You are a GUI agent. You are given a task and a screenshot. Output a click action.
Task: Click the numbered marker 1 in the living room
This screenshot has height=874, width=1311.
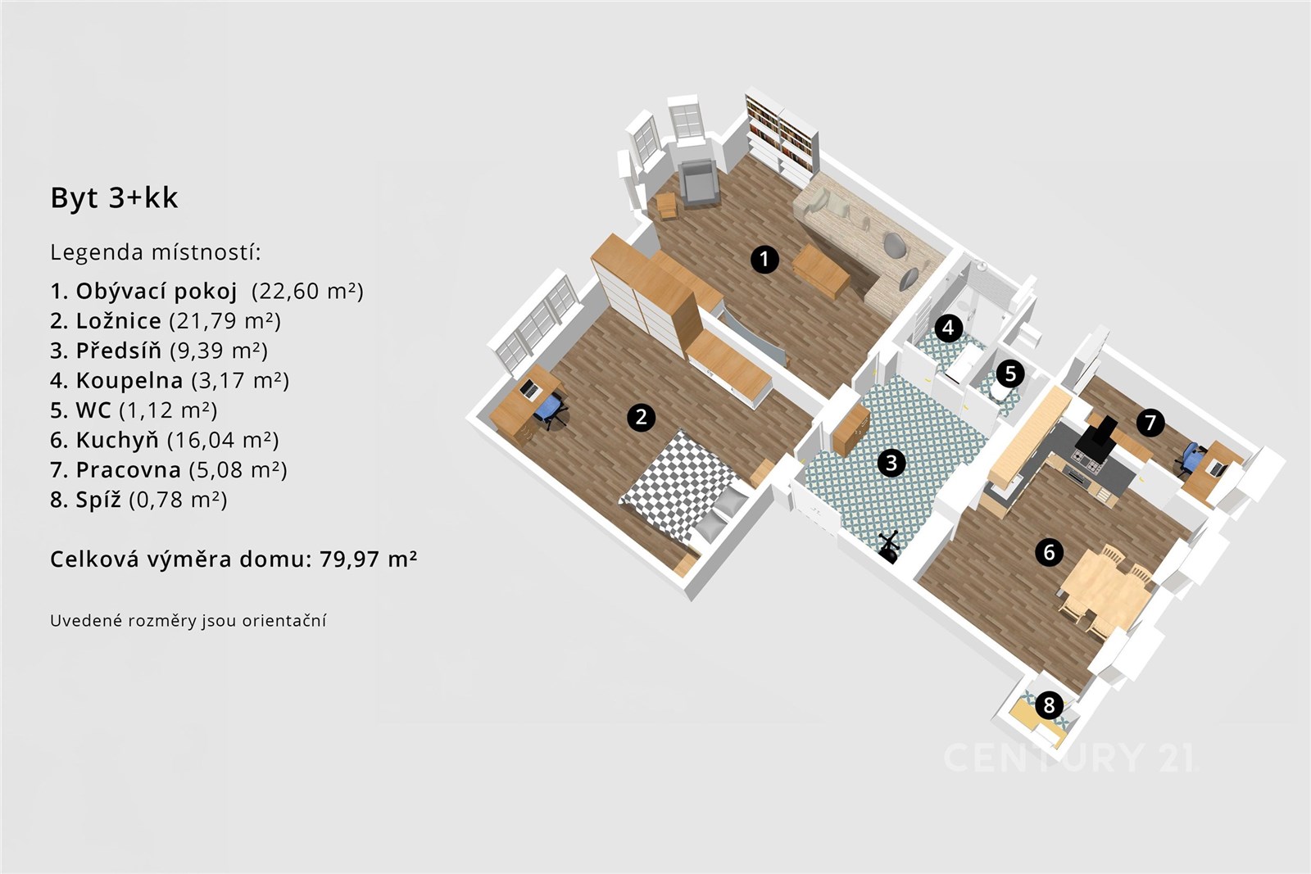tap(764, 259)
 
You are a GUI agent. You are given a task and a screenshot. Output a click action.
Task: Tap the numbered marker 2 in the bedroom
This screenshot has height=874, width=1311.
tap(641, 417)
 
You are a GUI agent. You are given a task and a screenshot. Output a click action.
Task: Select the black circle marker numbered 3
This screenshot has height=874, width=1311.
tap(891, 463)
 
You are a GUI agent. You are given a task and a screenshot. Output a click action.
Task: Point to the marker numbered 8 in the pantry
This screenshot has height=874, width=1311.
tap(1049, 705)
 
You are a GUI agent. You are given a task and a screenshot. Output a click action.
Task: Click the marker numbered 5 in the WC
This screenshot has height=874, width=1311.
tap(1010, 374)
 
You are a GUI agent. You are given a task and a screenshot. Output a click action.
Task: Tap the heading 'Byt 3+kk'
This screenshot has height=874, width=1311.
tap(114, 197)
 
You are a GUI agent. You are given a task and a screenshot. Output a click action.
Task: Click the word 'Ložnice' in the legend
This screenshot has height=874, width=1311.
tap(119, 320)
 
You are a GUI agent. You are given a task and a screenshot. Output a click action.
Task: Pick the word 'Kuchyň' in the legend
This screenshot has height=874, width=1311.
tap(117, 440)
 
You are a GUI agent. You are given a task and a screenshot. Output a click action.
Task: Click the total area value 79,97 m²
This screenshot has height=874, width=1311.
tap(368, 559)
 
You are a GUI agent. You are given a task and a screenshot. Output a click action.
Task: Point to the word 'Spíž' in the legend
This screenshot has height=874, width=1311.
tap(98, 500)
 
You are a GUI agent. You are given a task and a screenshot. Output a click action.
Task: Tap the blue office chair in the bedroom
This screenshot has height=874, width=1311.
tap(550, 410)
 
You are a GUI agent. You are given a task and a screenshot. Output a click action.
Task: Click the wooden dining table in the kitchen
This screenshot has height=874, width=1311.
tap(1105, 586)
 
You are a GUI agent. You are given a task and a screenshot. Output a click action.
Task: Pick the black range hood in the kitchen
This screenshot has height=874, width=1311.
tap(1096, 439)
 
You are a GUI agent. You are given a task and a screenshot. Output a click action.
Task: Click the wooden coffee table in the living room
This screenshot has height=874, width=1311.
tap(820, 271)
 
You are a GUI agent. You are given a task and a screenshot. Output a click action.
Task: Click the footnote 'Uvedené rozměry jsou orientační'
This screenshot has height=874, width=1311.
tap(188, 621)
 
